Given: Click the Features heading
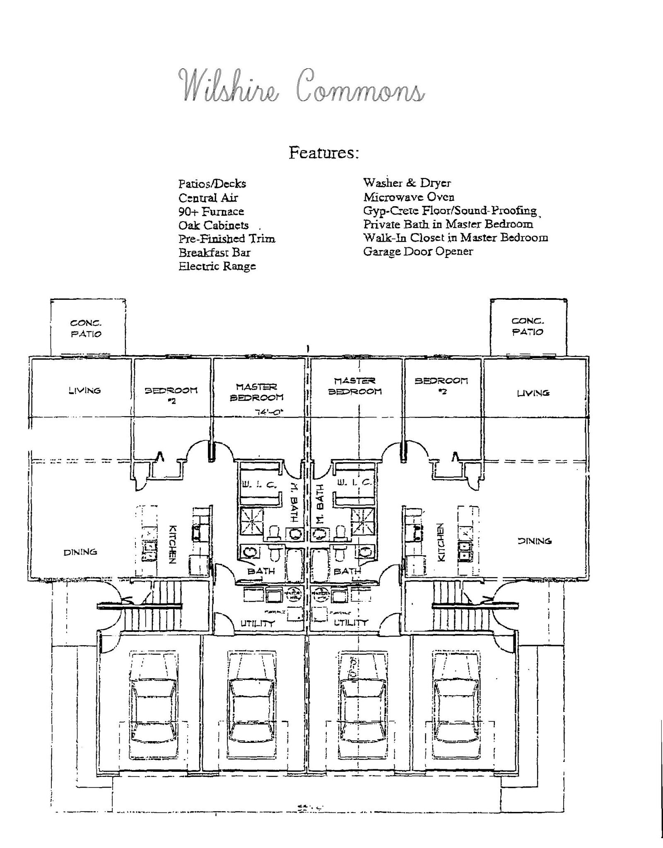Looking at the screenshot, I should pos(323,153).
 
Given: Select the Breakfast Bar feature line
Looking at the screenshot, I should pos(215,253).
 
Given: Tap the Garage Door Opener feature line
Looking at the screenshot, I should pos(418,251).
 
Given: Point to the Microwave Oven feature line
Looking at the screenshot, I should pos(409,197).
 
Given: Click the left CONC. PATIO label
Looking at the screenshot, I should pos(86,328).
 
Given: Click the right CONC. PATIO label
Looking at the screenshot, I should pos(528,326).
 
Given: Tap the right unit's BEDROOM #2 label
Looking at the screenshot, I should pos(441,385).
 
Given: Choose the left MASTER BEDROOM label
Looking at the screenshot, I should pos(257,392).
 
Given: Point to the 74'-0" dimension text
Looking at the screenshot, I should pos(270,412).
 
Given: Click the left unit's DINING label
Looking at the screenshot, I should pos(80,552).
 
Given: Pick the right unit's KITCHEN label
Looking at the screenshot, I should pos(441,542).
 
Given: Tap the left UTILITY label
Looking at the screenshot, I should pos(258,623).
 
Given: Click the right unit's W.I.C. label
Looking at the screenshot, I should pos(354,482).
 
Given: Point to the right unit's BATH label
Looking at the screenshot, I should pos(347,571).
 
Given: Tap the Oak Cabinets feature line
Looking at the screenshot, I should pos(214,225).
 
